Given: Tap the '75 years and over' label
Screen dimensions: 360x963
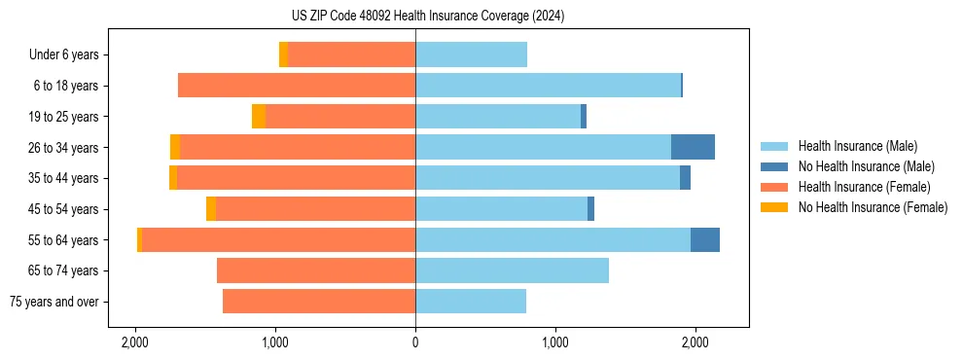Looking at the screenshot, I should (53, 302).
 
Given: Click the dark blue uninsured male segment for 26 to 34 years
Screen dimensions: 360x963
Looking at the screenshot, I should (693, 147).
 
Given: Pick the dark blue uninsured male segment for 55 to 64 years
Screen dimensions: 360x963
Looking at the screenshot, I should (705, 239).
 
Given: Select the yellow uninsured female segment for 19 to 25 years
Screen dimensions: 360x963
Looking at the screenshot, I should (259, 117).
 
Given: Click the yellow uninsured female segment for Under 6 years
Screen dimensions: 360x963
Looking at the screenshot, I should (283, 54).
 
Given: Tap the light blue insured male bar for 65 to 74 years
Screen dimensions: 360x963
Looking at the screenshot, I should (512, 270).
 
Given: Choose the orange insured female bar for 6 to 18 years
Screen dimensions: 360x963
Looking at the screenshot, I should (297, 86).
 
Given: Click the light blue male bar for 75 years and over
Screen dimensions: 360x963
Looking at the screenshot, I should (471, 302).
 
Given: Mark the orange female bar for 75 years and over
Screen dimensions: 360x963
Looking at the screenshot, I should (319, 302).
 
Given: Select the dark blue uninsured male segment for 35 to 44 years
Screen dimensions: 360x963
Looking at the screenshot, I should (685, 178).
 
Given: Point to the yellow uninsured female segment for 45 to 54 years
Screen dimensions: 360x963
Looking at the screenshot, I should (211, 209).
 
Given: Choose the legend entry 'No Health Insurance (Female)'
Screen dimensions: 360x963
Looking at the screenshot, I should (873, 207).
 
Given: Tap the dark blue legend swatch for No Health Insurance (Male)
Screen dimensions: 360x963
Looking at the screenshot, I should (774, 166).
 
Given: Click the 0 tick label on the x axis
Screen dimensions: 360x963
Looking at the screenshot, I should (415, 343).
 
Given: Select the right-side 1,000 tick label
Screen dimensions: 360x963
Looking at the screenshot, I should (555, 343).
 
